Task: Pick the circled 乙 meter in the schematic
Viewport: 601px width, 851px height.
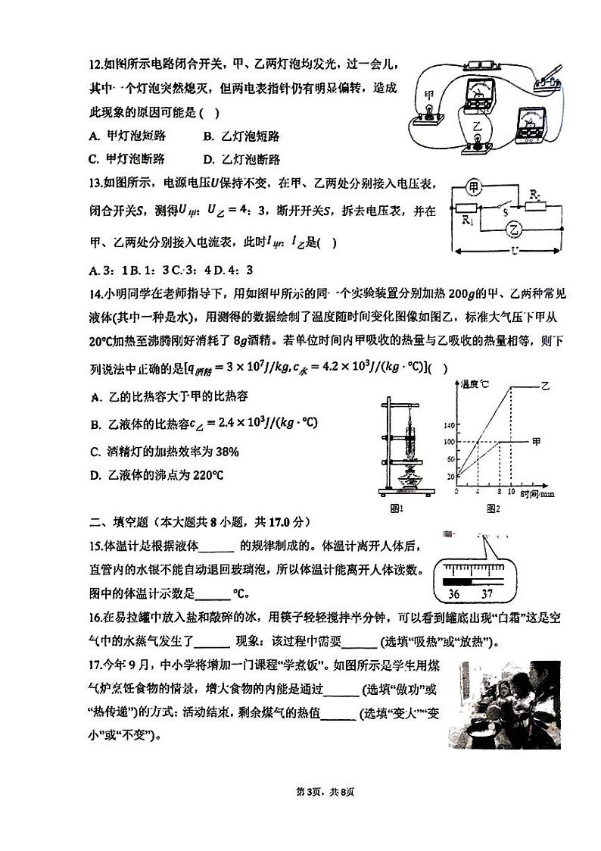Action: tap(515, 227)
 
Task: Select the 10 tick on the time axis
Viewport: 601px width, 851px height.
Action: tap(512, 493)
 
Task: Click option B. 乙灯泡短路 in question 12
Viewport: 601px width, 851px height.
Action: tap(241, 136)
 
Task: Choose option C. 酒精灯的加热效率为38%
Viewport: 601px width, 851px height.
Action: tap(163, 452)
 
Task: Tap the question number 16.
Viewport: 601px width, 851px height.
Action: tap(95, 618)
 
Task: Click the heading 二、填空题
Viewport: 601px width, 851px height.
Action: tap(120, 521)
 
